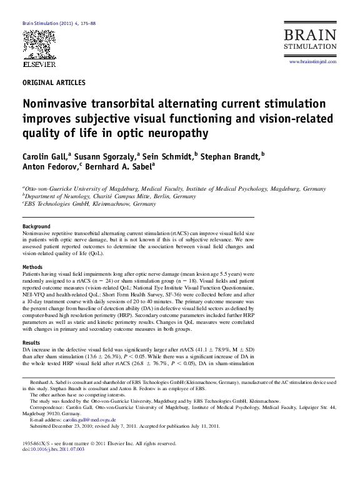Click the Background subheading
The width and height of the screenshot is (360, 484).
tap(36, 226)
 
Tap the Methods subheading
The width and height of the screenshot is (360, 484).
tap(32, 266)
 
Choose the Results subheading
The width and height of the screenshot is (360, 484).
tap(31, 343)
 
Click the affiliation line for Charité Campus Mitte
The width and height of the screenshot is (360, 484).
tap(111, 195)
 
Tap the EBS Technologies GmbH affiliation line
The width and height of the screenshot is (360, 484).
tap(91, 204)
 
